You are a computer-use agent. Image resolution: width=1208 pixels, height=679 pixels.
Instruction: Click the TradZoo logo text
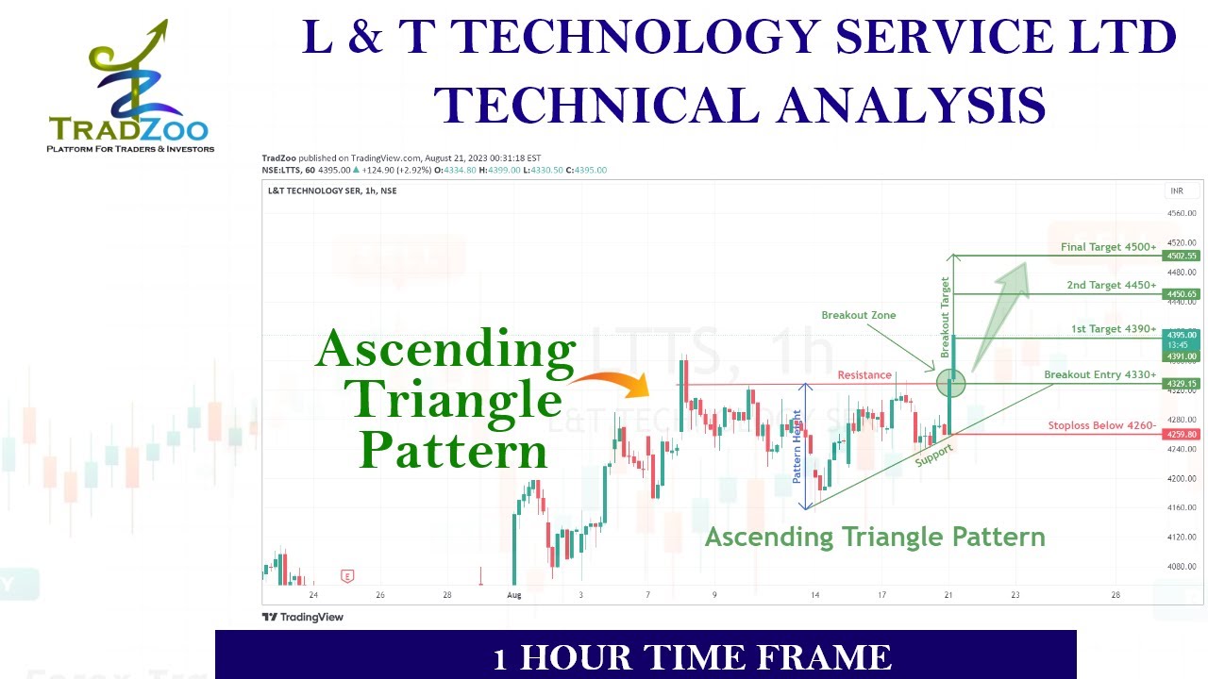tap(128, 128)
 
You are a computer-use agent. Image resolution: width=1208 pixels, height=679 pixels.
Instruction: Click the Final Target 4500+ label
tap(1108, 247)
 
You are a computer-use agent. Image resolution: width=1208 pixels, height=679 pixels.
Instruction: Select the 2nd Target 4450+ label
tap(1111, 285)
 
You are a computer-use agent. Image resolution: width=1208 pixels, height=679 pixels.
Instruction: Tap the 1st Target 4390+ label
tap(1113, 329)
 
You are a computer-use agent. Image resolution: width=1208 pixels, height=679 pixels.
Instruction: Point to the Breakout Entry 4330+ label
tap(1099, 375)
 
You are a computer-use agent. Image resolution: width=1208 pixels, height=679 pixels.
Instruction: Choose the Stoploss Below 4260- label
tap(1101, 426)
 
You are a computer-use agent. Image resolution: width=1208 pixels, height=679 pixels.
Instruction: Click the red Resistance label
tap(864, 375)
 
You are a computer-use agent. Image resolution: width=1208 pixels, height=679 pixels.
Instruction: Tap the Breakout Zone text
tap(858, 315)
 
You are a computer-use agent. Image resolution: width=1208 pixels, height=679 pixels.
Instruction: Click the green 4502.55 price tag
tap(1182, 256)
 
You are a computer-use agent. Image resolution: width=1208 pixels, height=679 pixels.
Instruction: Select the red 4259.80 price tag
tap(1182, 435)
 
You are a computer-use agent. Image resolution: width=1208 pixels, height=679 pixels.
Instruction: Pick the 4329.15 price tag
tap(1182, 384)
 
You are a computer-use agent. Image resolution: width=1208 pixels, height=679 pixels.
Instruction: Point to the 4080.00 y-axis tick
tap(1182, 566)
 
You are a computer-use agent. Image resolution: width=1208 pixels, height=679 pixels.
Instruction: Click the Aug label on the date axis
tap(513, 595)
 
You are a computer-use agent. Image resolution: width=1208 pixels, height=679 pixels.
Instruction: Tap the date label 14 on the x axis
tap(814, 595)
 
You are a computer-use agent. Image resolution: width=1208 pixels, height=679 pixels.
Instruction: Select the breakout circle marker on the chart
tap(950, 383)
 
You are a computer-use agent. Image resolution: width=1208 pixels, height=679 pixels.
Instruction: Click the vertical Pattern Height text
tap(797, 447)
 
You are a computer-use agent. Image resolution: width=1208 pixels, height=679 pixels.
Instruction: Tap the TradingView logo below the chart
tap(302, 617)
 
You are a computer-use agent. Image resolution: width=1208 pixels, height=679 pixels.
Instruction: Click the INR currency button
tap(1177, 190)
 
